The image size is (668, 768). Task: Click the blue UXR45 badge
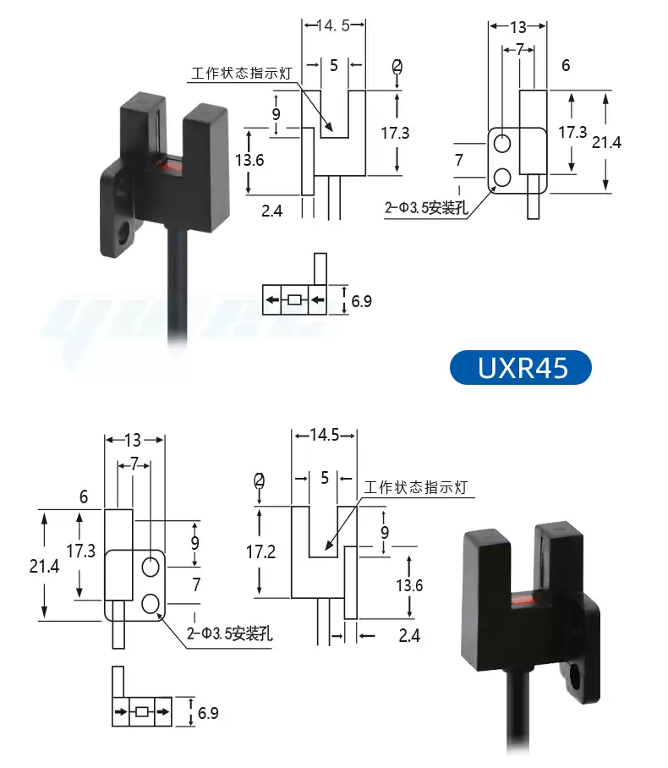click(520, 368)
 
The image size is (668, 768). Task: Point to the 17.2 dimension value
click(260, 551)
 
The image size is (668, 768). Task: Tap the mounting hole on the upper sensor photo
click(124, 229)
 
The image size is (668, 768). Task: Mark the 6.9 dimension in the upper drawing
click(362, 301)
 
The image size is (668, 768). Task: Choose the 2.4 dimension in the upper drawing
click(271, 211)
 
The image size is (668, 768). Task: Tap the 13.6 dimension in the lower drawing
click(410, 584)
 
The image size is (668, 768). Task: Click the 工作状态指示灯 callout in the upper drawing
click(241, 74)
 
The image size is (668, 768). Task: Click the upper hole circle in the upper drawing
click(502, 143)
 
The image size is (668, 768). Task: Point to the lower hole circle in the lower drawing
click(151, 604)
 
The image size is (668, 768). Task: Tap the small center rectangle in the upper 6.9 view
click(294, 299)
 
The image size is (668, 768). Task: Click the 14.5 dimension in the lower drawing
click(325, 436)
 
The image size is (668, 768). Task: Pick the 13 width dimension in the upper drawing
click(518, 26)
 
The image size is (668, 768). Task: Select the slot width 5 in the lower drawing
click(325, 478)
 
